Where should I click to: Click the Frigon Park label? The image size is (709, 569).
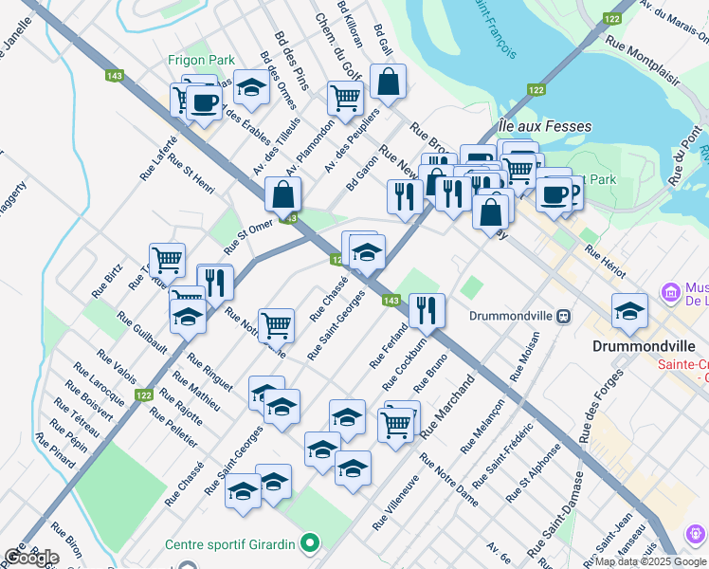click(201, 60)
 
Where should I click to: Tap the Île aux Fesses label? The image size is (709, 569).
click(544, 126)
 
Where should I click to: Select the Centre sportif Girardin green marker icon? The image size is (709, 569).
click(308, 544)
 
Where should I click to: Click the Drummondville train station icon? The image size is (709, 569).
click(563, 316)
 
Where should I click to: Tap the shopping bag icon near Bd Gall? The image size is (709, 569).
click(388, 83)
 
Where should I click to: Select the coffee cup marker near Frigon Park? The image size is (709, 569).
click(204, 101)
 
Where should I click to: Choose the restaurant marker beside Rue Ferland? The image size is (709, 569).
click(427, 310)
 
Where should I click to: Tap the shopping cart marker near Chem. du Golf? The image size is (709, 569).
click(345, 97)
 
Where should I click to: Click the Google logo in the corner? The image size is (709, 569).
click(31, 557)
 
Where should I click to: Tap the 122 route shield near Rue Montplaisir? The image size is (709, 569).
click(612, 19)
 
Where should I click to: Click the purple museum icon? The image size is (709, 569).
click(672, 291)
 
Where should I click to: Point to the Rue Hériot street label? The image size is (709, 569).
click(605, 261)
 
